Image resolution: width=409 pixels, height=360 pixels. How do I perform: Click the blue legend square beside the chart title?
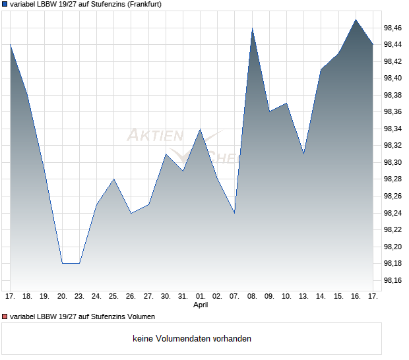tap(5, 4)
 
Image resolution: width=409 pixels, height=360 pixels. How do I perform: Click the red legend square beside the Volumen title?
tap(5, 317)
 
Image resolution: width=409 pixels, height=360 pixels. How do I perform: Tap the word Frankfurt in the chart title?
tap(142, 4)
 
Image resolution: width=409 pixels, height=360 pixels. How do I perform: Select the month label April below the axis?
tap(201, 305)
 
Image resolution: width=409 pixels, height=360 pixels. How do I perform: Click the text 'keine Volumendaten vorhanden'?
tap(192, 339)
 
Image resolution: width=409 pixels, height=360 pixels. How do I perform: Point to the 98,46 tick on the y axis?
tap(394, 28)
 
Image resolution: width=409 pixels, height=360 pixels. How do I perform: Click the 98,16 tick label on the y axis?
tap(394, 281)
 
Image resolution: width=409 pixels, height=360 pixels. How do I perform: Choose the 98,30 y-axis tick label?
tap(394, 162)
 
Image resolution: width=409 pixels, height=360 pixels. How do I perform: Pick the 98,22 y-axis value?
tap(394, 230)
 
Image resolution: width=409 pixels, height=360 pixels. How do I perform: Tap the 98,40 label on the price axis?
tap(394, 78)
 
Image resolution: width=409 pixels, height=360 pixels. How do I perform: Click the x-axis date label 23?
tap(79, 296)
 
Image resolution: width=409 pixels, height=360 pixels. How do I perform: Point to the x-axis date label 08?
tap(252, 296)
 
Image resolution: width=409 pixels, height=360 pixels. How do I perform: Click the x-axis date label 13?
tap(304, 296)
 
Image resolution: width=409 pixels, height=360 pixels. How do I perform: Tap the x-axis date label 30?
tap(166, 296)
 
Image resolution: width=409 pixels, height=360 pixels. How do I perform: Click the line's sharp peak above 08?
tap(252, 28)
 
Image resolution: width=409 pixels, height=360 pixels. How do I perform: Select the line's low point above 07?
tap(235, 213)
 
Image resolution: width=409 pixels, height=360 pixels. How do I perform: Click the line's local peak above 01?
tap(201, 129)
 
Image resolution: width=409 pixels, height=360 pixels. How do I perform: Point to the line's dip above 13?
tap(304, 154)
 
